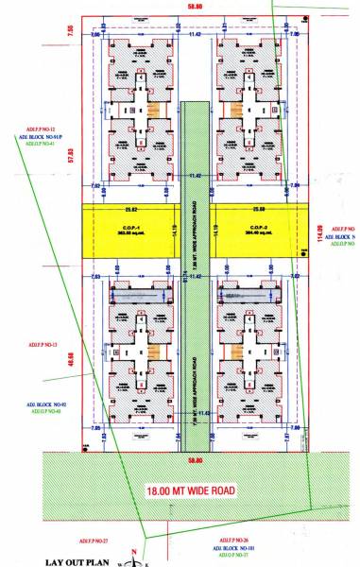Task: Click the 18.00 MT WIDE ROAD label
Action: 197,492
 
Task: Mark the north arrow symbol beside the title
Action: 136,558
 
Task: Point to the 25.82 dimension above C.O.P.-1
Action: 131,210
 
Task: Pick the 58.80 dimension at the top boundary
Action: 197,9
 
